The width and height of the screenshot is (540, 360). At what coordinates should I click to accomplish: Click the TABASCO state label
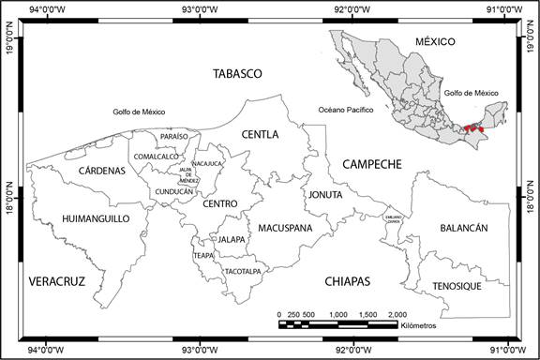237,73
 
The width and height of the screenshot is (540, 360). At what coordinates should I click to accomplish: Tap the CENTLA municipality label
260,135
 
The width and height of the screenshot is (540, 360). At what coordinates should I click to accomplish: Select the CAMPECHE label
371,164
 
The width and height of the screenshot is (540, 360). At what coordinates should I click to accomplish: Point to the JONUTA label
324,195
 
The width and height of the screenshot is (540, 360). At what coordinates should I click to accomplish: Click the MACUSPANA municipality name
279,227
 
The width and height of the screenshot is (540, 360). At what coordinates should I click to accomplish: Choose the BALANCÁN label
463,228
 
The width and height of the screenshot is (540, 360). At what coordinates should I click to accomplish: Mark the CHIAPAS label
348,280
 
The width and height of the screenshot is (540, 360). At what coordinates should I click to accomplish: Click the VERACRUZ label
57,280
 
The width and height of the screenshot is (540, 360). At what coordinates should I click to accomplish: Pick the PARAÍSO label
174,137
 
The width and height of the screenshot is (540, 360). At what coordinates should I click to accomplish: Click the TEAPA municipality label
203,255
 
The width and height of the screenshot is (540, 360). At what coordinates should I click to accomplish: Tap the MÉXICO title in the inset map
434,42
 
